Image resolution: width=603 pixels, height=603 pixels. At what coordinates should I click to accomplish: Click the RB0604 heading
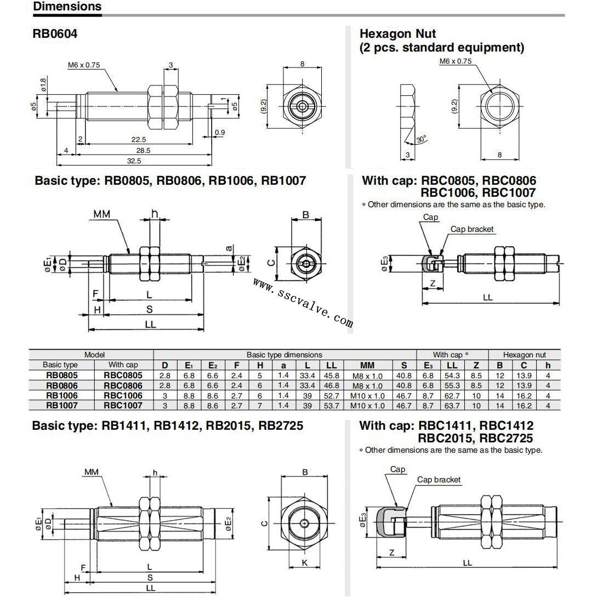click(55, 34)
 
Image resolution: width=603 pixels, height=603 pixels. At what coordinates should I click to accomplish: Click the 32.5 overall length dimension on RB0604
click(134, 161)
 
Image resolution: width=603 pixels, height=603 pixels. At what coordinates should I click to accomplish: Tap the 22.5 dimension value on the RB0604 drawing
click(139, 140)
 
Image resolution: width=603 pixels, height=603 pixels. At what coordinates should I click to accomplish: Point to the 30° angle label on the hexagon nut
click(422, 139)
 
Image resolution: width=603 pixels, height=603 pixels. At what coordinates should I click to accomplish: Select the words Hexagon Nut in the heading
click(397, 34)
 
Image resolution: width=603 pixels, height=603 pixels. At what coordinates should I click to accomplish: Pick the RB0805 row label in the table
click(61, 376)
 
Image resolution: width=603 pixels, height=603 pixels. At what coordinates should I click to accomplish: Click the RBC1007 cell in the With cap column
click(123, 405)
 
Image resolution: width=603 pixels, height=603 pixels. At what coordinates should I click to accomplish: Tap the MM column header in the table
click(367, 365)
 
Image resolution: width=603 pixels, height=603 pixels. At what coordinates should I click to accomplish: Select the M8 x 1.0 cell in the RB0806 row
click(367, 386)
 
